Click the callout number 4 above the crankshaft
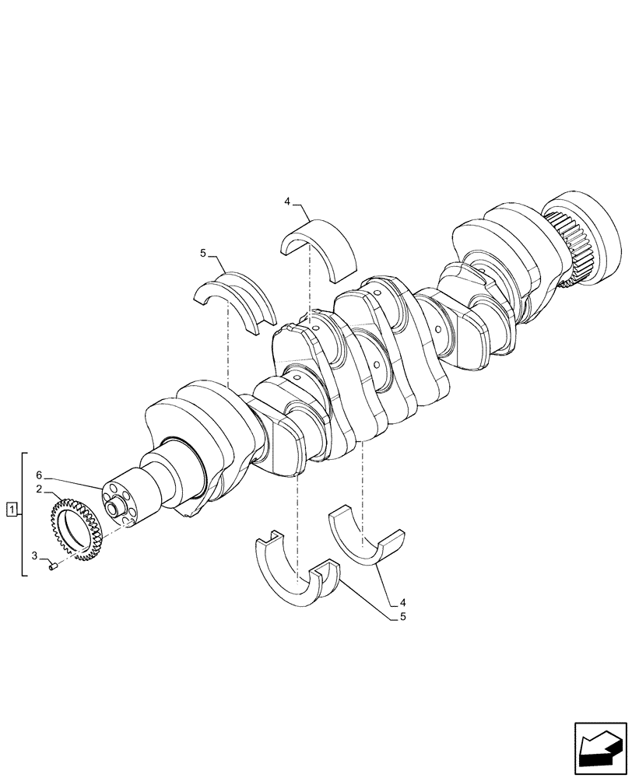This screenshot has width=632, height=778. (286, 202)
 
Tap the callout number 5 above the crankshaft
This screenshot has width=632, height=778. (203, 253)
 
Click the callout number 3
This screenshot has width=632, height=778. (35, 555)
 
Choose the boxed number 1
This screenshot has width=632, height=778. (11, 510)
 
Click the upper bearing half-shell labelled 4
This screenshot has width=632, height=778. (318, 247)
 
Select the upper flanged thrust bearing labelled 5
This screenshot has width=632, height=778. (233, 300)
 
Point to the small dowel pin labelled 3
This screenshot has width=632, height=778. (54, 568)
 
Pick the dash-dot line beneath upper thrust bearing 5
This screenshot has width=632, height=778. (226, 350)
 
